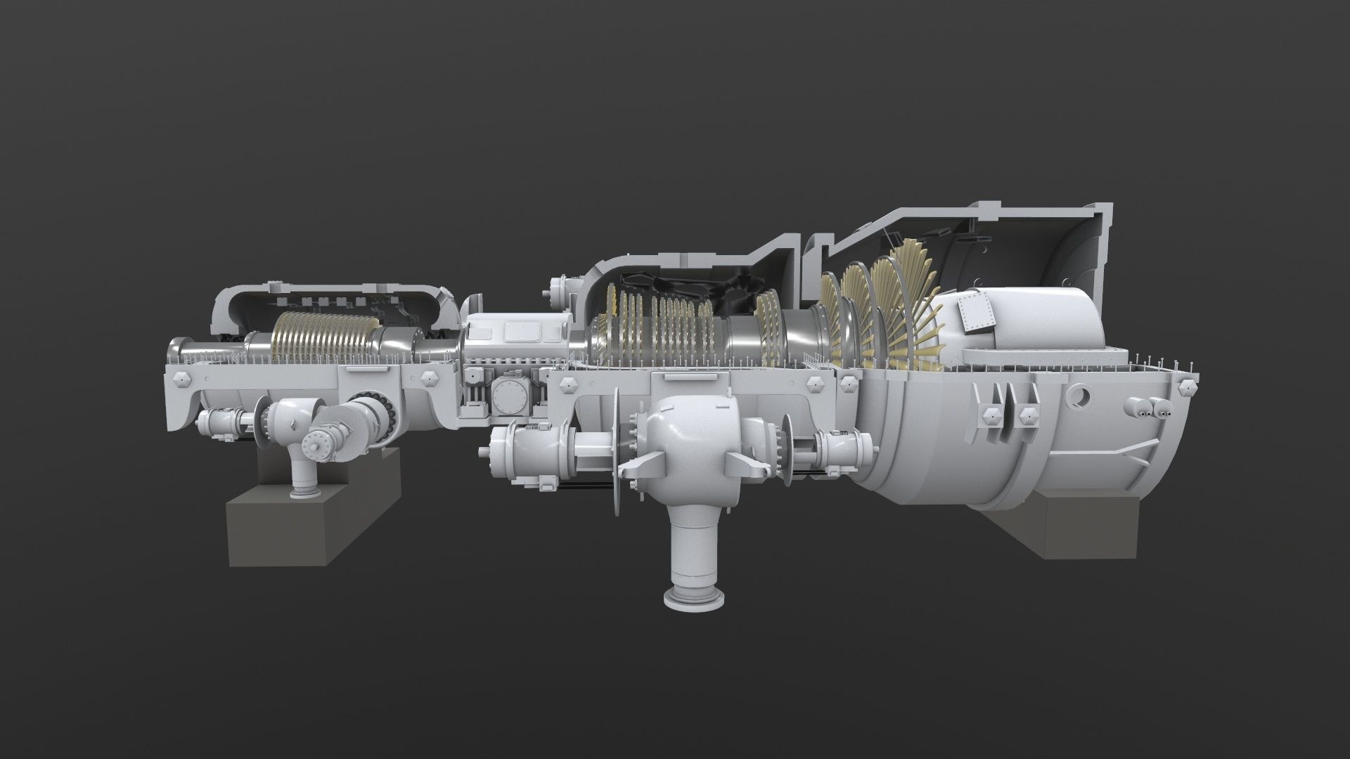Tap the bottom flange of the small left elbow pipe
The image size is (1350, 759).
coord(304,493)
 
